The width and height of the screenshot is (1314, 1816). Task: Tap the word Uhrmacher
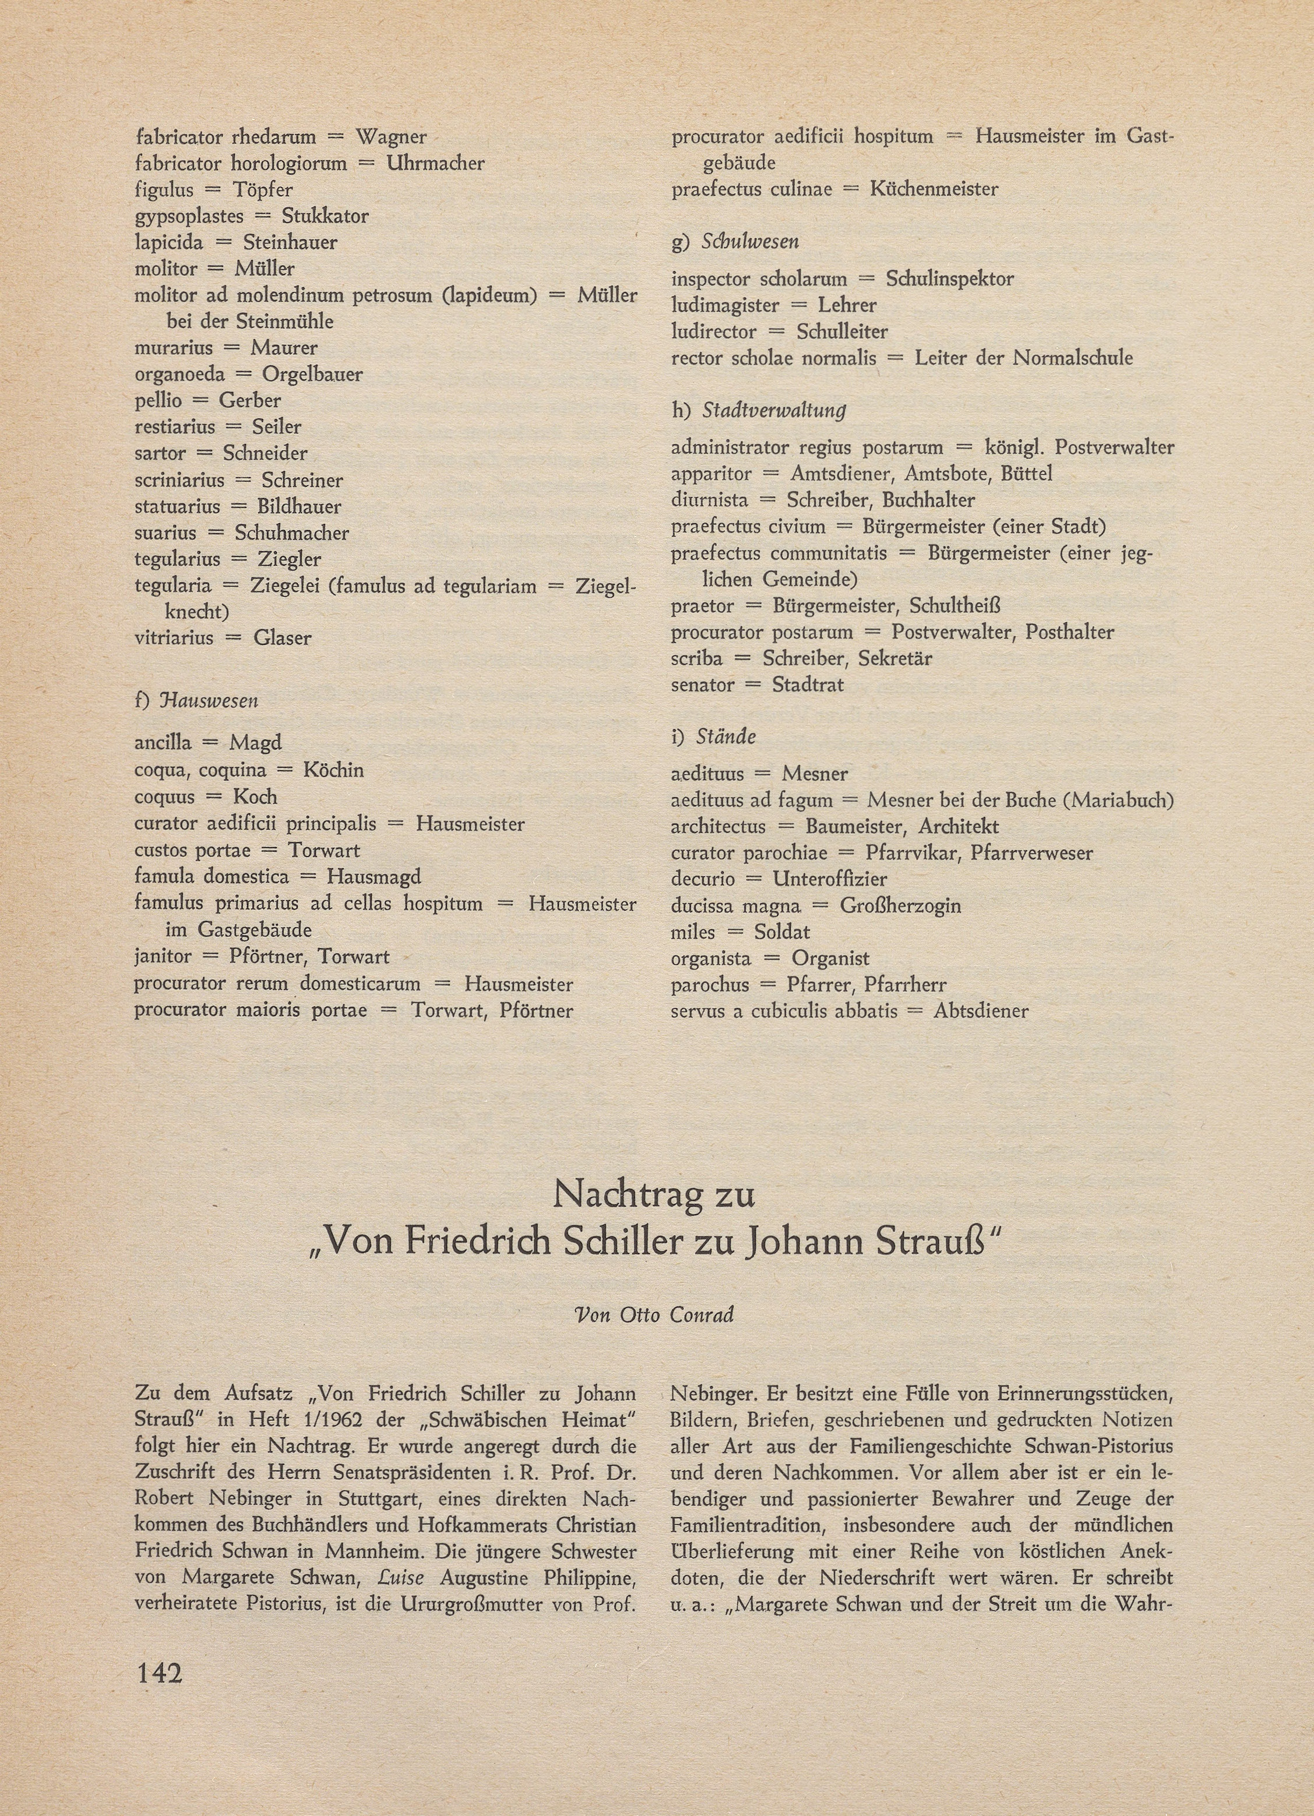[436, 163]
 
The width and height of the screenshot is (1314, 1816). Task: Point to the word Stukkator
[325, 216]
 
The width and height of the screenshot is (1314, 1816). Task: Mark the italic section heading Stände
[725, 736]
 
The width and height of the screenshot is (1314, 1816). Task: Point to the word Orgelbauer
[312, 374]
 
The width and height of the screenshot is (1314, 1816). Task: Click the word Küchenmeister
[933, 190]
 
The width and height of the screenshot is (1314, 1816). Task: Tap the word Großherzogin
[900, 905]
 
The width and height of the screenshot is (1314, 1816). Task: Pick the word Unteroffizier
[830, 879]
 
